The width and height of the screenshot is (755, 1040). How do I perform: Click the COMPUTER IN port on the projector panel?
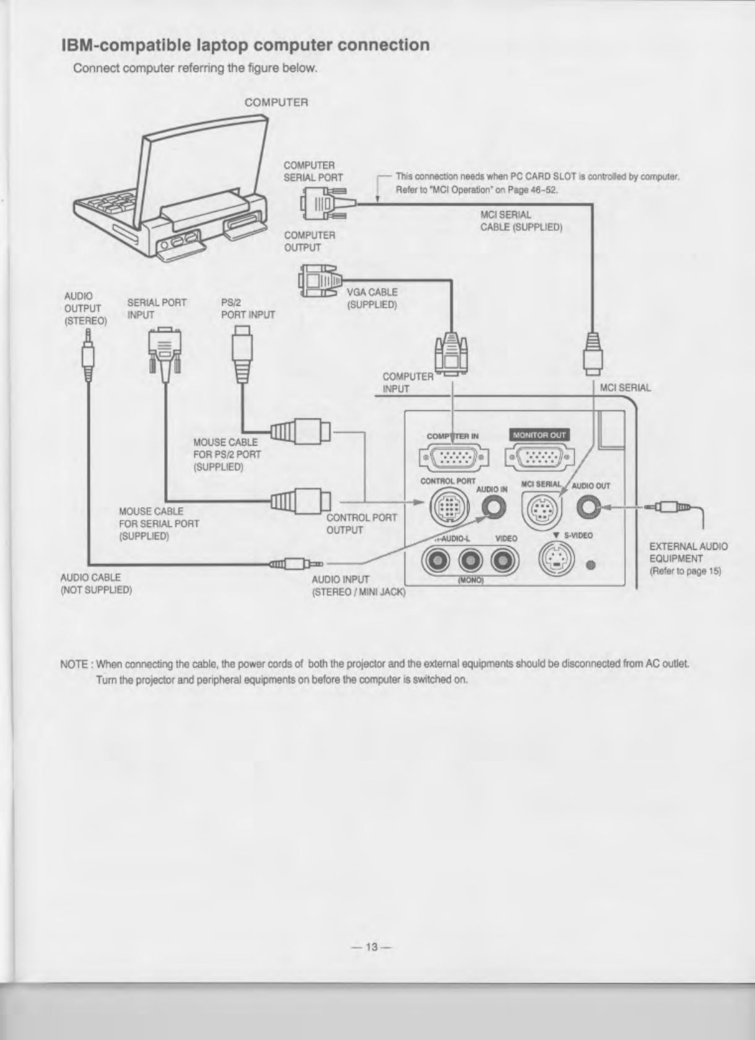click(x=455, y=459)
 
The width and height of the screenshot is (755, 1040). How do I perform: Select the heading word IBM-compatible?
click(x=123, y=45)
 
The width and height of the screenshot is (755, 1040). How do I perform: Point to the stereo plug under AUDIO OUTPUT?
click(x=89, y=359)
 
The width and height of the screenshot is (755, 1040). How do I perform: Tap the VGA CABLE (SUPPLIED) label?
click(x=372, y=298)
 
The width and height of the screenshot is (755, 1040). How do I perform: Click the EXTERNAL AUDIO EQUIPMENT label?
click(x=687, y=558)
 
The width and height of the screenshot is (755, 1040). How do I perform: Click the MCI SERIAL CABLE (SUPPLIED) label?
click(x=521, y=221)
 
